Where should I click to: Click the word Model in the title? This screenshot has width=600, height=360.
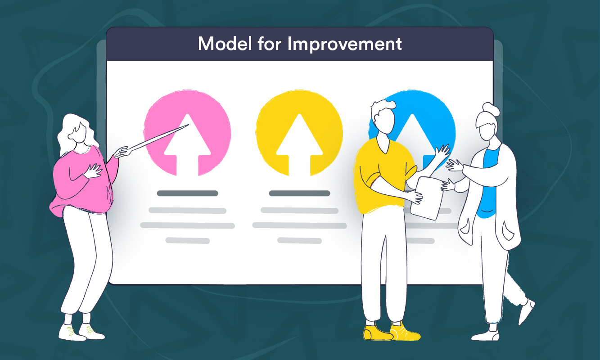click(x=223, y=44)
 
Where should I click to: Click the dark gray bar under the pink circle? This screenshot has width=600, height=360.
click(x=187, y=193)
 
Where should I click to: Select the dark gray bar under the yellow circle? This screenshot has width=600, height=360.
click(x=299, y=193)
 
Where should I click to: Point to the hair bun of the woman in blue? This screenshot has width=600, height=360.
click(x=488, y=108)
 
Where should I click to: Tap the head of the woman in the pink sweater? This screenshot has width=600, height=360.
click(x=79, y=130)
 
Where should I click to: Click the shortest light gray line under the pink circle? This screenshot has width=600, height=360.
click(x=187, y=241)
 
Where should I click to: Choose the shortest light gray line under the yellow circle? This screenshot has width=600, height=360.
click(x=299, y=241)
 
